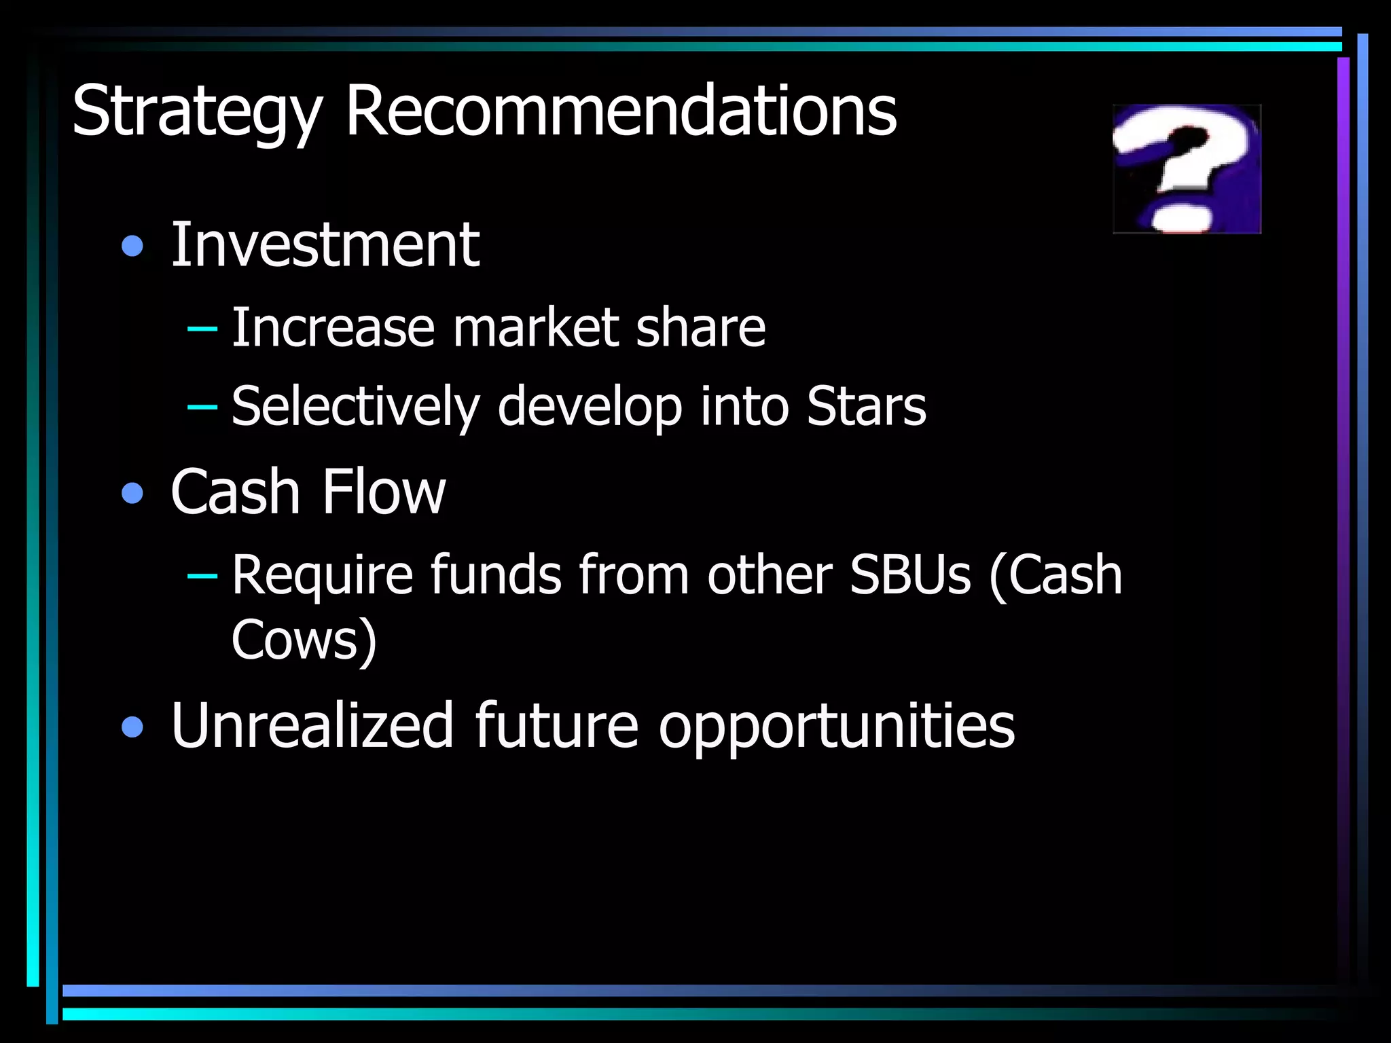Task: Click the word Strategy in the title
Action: [x=196, y=112]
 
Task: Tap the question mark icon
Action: [x=1187, y=169]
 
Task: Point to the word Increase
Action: [x=333, y=327]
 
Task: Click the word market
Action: [x=535, y=327]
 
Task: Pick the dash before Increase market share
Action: [x=202, y=329]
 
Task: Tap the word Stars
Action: [x=866, y=406]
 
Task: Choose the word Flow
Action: [x=384, y=492]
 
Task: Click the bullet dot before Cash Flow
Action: [x=132, y=493]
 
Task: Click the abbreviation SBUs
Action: [x=910, y=574]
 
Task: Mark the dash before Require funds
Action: [x=202, y=577]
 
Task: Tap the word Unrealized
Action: [x=312, y=725]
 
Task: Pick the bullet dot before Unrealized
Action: [x=132, y=727]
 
